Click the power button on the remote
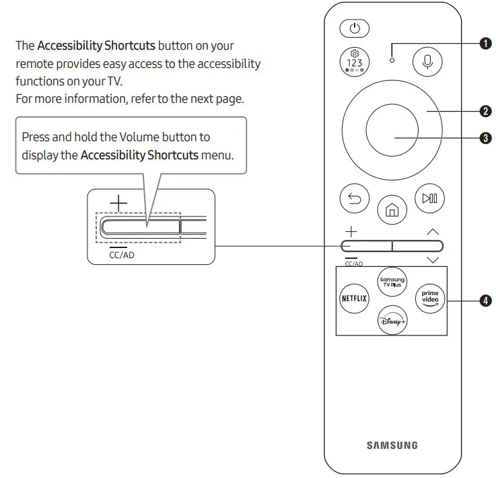[x=355, y=29]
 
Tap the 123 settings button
[x=355, y=61]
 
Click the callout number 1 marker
[x=485, y=44]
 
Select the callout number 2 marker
[x=485, y=110]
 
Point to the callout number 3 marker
[x=485, y=138]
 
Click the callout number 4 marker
[x=485, y=301]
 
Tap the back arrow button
[x=353, y=198]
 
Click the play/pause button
[x=429, y=198]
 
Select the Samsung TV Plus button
[x=392, y=281]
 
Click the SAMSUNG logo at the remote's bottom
[x=392, y=445]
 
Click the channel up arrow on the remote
[x=432, y=232]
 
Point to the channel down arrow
[x=432, y=260]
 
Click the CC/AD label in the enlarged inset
[x=121, y=255]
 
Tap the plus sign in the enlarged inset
[x=118, y=202]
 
